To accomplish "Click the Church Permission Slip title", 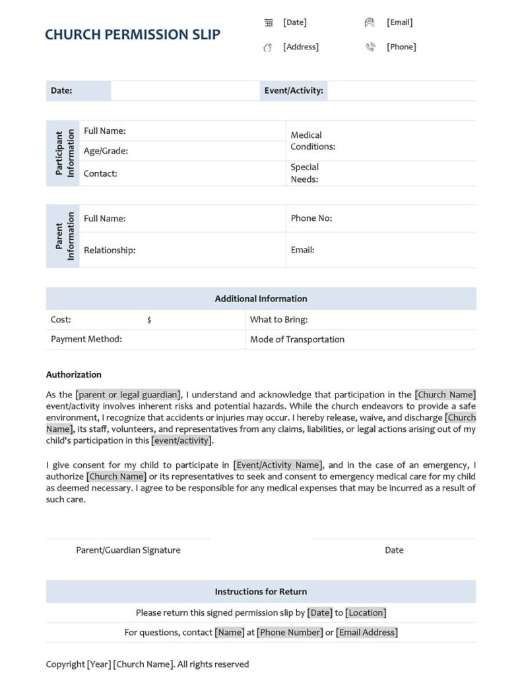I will (133, 35).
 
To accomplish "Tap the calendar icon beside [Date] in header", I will (269, 22).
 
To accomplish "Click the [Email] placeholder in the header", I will (399, 22).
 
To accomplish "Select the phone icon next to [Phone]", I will (370, 47).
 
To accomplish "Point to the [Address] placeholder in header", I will (301, 47).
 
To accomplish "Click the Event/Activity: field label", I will (294, 91).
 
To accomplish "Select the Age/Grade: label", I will (106, 151).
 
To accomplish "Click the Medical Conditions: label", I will (313, 140).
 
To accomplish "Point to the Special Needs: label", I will (304, 173).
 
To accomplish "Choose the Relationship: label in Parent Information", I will (110, 250).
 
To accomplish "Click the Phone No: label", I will (311, 218).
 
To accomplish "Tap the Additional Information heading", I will (261, 299).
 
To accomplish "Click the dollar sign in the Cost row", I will (149, 320).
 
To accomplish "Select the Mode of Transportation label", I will (297, 339).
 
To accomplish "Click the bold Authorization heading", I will (74, 374).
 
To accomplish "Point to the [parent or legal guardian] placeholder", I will (128, 395).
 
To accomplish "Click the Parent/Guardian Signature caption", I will (128, 550).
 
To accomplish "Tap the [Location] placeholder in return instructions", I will (366, 612).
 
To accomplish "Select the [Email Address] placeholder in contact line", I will (367, 632).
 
